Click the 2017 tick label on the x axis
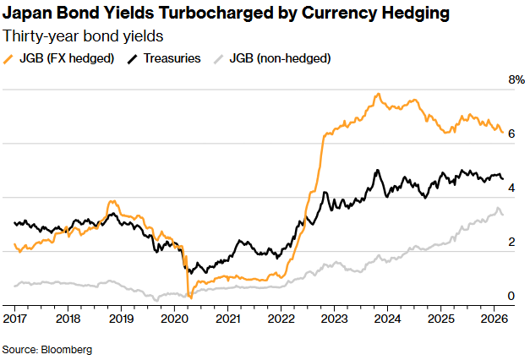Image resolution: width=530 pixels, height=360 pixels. point(14,319)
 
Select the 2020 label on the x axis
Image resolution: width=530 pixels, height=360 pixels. point(174,319)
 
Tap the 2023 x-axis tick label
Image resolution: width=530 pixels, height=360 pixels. point(334,319)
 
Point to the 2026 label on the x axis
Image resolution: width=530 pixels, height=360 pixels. point(494,319)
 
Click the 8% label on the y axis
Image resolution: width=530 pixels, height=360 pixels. point(516,80)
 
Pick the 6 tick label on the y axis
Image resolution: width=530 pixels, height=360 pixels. point(511,134)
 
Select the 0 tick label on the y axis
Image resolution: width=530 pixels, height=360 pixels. point(511,296)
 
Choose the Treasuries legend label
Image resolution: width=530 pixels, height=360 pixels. point(172,58)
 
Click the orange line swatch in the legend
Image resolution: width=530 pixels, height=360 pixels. point(11,58)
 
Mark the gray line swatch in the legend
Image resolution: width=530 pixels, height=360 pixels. point(221,58)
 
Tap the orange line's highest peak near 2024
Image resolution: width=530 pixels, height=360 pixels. point(378,94)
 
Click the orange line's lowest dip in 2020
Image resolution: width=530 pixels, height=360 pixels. point(191,297)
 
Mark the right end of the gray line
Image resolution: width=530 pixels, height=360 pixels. point(504,215)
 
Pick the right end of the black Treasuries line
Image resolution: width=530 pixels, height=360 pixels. point(503,178)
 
